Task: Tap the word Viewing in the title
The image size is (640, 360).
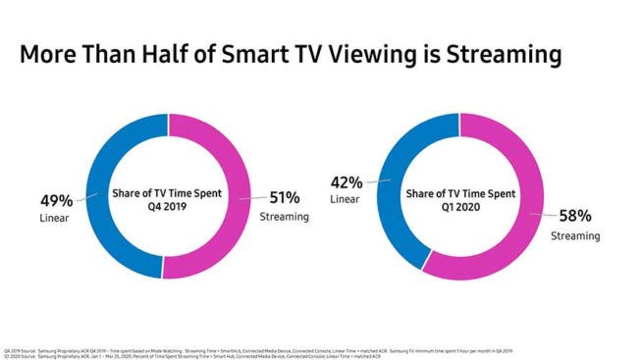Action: [410, 56]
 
